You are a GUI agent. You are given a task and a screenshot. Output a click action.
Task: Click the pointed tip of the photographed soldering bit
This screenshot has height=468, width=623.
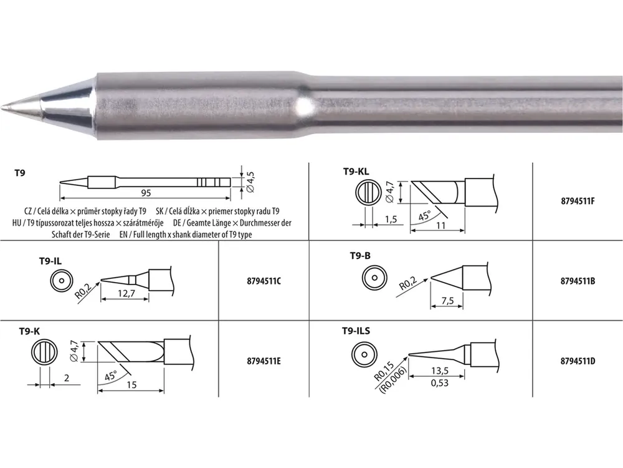[2, 107]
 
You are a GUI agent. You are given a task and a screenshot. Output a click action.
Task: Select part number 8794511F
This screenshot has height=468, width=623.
[578, 201]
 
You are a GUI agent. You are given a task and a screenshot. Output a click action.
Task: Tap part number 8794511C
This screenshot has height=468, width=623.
[264, 281]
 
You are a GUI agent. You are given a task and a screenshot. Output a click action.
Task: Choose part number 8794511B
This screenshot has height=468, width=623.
[578, 281]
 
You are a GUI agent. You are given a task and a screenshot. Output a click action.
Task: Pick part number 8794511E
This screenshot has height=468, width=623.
[264, 361]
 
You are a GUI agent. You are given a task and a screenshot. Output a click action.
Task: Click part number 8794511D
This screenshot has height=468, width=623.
[578, 361]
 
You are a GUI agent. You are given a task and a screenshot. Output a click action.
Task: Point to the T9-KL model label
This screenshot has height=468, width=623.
[356, 172]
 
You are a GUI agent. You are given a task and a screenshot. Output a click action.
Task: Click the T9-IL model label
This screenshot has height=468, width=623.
[50, 261]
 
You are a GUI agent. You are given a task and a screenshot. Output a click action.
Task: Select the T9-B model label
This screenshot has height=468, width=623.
[360, 255]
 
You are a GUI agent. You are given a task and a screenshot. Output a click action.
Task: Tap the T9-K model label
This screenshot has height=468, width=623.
[29, 331]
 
